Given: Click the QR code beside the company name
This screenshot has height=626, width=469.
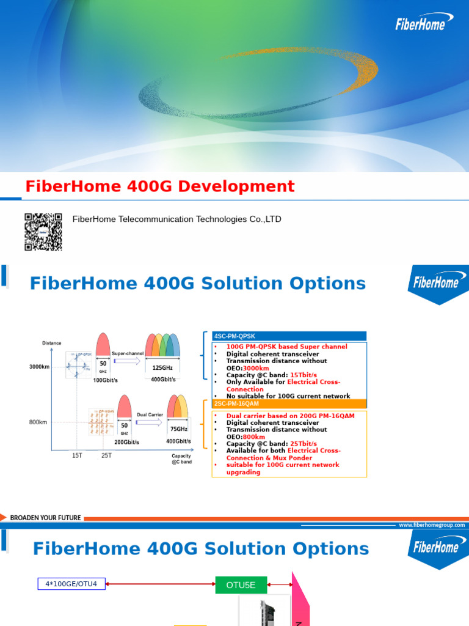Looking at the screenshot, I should [x=43, y=232].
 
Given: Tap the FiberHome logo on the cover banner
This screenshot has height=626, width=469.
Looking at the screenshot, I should [x=424, y=24].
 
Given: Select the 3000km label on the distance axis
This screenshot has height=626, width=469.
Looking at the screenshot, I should [x=39, y=367].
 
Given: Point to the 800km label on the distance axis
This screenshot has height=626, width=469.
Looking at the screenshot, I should [x=38, y=422].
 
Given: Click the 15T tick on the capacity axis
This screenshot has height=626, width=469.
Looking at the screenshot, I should [x=77, y=455].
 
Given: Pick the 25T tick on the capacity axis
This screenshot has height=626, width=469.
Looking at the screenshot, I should [x=106, y=455].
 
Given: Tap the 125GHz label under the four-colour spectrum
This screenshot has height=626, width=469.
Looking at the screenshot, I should [x=163, y=368].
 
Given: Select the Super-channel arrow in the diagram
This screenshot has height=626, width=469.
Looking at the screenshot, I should [x=127, y=361].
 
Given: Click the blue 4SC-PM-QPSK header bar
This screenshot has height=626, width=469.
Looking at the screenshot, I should [x=289, y=336].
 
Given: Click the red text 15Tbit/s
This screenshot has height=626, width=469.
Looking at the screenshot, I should [x=304, y=375].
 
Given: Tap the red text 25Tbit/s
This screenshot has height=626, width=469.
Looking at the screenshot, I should [x=304, y=444].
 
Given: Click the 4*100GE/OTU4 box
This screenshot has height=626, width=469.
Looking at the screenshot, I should [x=71, y=584].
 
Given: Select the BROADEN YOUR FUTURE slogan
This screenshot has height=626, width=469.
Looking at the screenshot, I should [x=45, y=518].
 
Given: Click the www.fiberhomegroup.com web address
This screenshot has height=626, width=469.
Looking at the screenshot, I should [x=432, y=525].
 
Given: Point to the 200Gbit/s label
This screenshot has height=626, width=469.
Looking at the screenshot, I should [x=127, y=442].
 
